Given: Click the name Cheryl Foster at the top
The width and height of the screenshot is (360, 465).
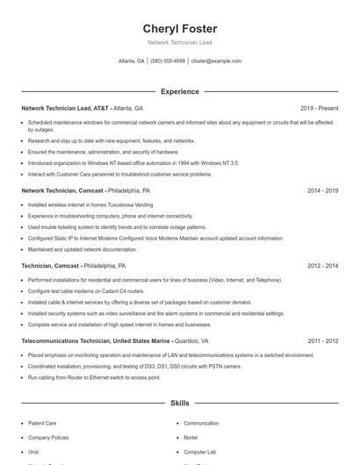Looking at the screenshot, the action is (x=179, y=28).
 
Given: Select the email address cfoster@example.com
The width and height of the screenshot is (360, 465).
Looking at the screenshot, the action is (x=216, y=61).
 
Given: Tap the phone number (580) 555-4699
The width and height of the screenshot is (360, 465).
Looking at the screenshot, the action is (x=168, y=61).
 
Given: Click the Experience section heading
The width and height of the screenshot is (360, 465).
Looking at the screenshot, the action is (x=179, y=91).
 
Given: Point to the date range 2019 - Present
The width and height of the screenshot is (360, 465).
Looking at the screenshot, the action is (x=319, y=108).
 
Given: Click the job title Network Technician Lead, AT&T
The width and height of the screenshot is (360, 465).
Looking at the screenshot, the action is (x=65, y=108).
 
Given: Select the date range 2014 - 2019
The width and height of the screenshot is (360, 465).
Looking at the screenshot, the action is (x=322, y=190).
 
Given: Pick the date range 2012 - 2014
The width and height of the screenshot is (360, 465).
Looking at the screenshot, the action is (x=322, y=265).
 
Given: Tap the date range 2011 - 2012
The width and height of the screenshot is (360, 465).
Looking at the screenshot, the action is (x=322, y=340).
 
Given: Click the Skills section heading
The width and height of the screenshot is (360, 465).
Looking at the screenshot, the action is (x=179, y=404).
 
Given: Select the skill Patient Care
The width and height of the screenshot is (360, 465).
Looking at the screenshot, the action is (x=42, y=423).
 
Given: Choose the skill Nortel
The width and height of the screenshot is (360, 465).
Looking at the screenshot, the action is (x=191, y=437).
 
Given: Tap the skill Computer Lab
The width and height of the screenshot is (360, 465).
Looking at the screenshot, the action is (x=199, y=451).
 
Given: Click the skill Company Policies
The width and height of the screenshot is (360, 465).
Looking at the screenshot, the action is (x=48, y=437).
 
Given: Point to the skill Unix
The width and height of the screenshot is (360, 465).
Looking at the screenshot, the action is (x=33, y=451).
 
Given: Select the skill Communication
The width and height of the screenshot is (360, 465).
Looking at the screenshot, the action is (x=201, y=423).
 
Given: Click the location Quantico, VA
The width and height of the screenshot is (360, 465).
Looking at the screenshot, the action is (x=191, y=340).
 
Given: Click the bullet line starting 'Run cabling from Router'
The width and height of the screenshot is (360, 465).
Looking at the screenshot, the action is (x=94, y=377).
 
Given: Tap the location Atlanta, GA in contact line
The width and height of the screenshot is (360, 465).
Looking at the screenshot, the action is (x=132, y=61).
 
